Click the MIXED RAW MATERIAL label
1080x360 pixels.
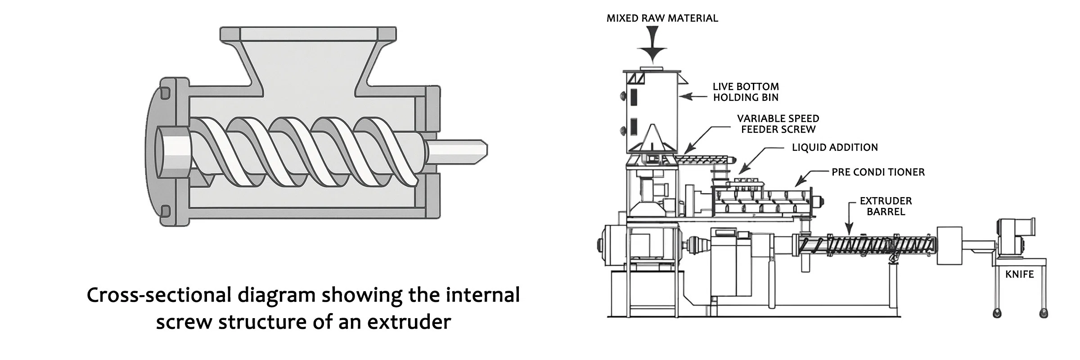point(662,18)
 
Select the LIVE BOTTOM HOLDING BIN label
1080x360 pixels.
point(745,92)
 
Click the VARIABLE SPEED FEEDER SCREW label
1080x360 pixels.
point(778,124)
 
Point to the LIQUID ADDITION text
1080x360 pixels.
point(834,147)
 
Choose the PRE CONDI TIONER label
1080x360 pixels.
point(878,172)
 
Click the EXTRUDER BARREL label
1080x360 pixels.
point(886,206)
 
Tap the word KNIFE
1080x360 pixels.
point(1019,274)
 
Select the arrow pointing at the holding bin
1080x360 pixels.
point(693,96)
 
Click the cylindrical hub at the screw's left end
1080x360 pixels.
point(172,153)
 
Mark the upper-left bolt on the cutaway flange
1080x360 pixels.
point(165,92)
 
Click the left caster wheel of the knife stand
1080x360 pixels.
point(997,313)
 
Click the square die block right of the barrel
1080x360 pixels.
point(949,247)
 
